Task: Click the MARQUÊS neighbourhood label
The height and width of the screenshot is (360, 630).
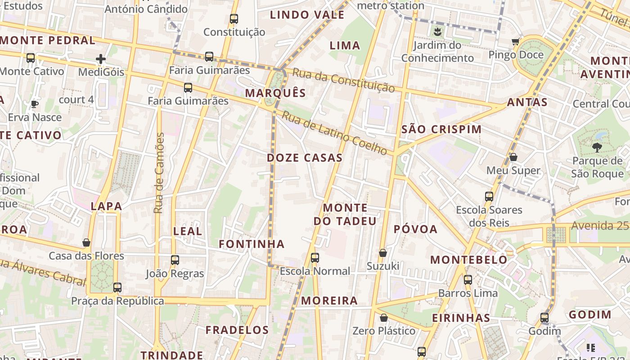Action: (x=275, y=93)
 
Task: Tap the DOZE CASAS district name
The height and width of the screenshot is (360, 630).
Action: (x=305, y=158)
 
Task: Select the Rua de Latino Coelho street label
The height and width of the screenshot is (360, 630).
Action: (x=334, y=134)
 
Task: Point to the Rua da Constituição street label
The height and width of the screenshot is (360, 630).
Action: (x=344, y=80)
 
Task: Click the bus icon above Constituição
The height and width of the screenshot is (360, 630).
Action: (x=234, y=19)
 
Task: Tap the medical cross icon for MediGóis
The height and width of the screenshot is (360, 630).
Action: (x=101, y=58)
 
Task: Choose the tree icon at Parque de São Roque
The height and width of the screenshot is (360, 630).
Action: (x=597, y=147)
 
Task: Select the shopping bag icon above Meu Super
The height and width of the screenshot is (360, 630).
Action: (x=513, y=157)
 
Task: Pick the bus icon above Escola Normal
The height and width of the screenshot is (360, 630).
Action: (x=315, y=258)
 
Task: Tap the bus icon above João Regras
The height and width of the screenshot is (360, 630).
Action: (x=175, y=260)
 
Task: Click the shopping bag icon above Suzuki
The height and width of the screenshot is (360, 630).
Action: (x=383, y=253)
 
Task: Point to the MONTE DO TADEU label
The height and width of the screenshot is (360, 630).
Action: (x=345, y=214)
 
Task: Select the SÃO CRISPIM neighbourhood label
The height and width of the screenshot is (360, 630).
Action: (x=441, y=129)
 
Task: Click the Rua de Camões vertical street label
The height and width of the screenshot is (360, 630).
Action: (x=158, y=173)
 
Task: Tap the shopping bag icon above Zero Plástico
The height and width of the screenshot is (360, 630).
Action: (x=384, y=318)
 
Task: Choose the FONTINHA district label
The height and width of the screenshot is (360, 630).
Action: (x=252, y=244)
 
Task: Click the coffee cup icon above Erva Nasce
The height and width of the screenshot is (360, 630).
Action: (x=35, y=104)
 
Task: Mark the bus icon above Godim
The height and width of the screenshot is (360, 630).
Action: (x=544, y=318)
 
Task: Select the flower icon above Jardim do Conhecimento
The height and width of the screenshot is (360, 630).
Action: (x=437, y=32)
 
